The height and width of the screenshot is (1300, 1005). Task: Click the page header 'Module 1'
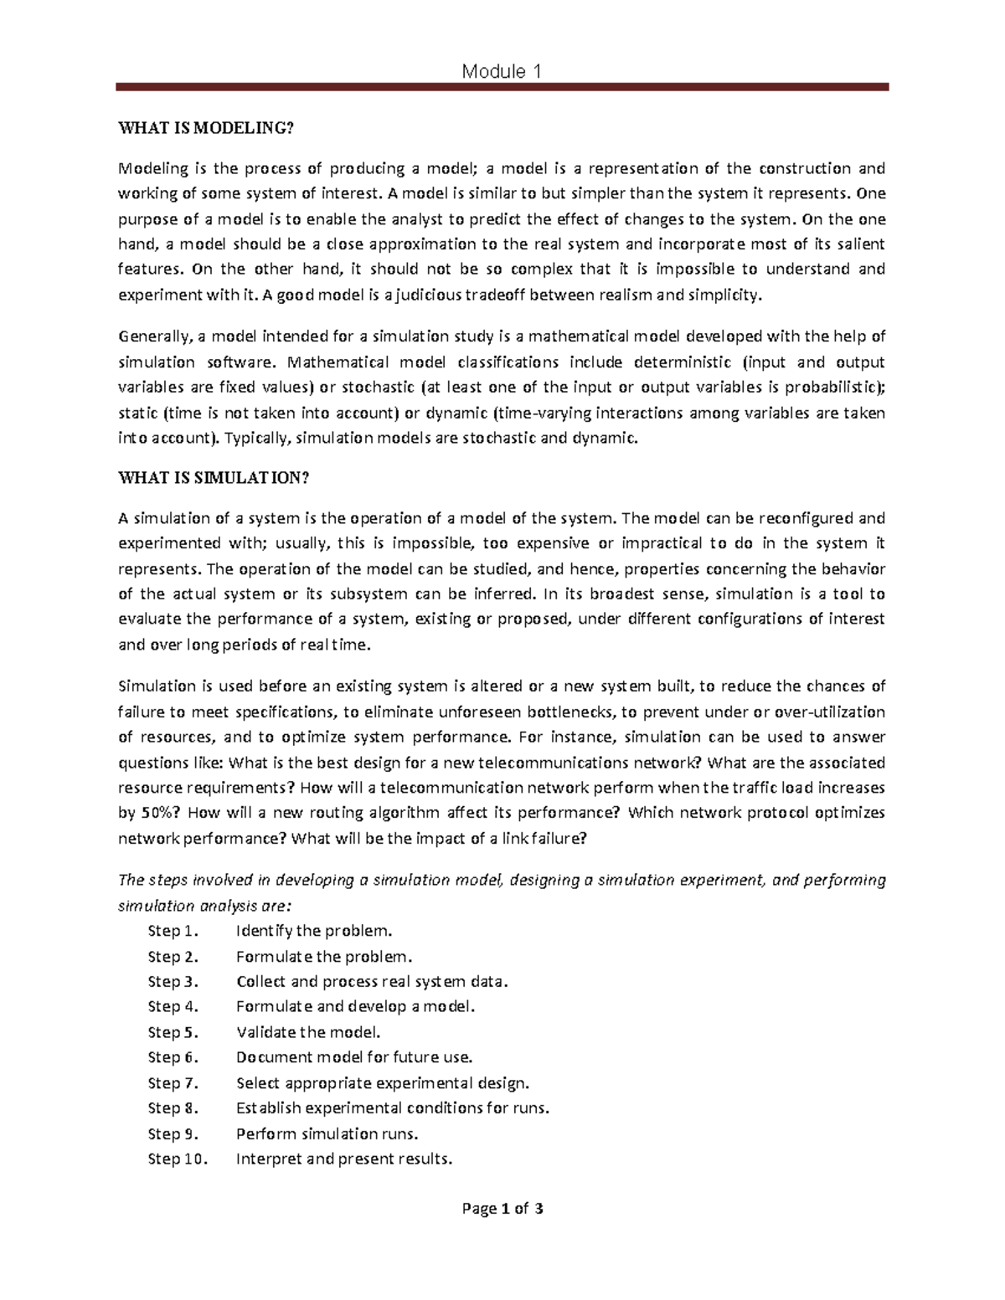coord(501,71)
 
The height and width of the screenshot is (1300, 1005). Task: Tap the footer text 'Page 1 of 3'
coord(502,1209)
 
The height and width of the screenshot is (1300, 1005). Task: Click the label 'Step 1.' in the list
coord(174,931)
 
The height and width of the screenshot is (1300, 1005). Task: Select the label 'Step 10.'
coord(178,1159)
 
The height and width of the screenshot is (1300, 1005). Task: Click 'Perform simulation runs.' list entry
coord(327,1134)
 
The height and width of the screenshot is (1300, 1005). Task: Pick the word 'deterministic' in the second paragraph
coord(663,362)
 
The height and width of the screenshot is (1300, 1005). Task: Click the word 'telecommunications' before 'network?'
coord(575,763)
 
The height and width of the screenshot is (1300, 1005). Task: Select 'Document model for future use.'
coord(354,1057)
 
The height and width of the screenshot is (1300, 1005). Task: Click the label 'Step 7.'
coord(173,1083)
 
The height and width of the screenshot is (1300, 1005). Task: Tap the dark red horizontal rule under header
coord(501,87)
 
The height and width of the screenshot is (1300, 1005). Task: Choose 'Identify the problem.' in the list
coord(314,931)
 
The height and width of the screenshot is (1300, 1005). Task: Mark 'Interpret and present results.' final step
coord(344,1159)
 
